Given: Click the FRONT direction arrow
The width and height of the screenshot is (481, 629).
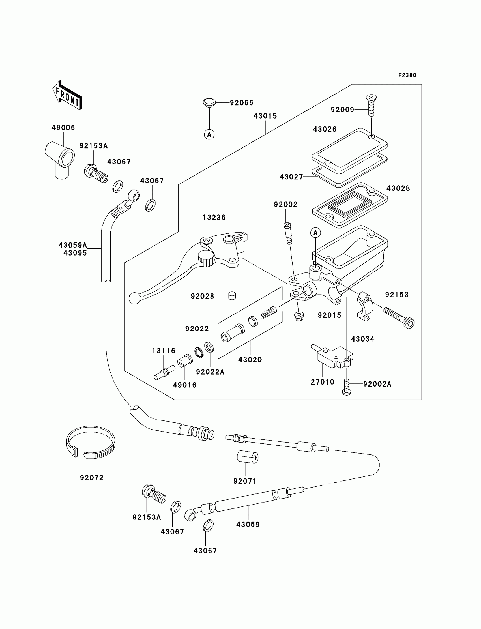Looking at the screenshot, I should [x=68, y=95].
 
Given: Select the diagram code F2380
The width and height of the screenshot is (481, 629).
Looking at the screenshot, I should [x=407, y=75].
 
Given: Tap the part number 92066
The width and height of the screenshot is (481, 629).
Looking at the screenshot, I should [x=241, y=102].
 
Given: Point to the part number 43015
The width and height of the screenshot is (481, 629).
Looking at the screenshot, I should [x=265, y=116].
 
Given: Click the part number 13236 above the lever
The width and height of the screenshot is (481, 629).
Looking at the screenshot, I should [x=214, y=217].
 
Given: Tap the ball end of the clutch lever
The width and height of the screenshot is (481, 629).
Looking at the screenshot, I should [x=134, y=298].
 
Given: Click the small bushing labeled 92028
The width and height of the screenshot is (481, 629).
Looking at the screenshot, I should [x=232, y=295].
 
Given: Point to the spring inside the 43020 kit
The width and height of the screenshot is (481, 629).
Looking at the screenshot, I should [x=269, y=312].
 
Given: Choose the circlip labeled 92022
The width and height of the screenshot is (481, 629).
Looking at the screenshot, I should [x=199, y=352].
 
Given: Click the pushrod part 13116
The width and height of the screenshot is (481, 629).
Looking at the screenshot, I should [x=165, y=373].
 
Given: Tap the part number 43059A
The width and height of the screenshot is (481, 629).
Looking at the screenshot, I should [x=73, y=245].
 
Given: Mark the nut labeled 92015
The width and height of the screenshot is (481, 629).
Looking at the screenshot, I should [x=299, y=316].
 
